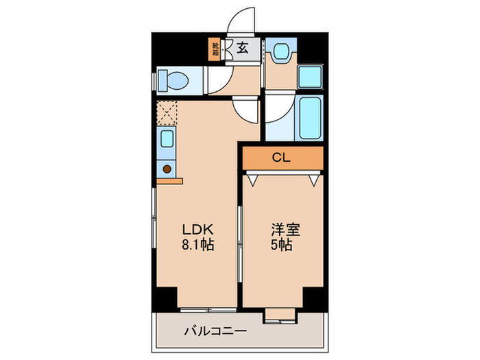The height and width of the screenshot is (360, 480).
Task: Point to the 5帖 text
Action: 281,245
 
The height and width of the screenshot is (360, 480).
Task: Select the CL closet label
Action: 281,157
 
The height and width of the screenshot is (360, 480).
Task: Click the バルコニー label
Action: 215,331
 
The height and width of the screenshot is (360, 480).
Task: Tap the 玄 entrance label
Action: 243,48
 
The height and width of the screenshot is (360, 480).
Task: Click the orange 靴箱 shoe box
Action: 215,49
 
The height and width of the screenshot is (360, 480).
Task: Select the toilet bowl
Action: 174,81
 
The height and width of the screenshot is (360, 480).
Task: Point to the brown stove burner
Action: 167,168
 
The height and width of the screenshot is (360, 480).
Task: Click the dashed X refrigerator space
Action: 167,112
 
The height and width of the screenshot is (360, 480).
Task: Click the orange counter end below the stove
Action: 169,181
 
